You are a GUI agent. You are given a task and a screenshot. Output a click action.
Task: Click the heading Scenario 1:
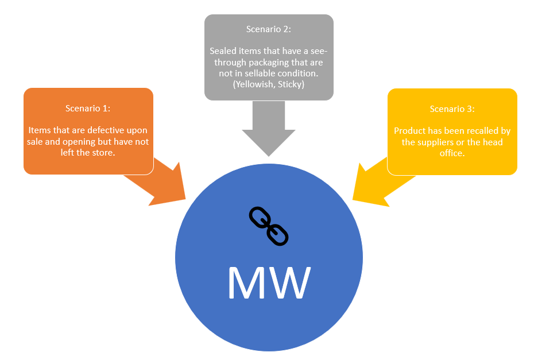(x=88, y=108)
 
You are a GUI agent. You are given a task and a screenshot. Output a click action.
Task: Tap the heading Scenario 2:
(x=269, y=29)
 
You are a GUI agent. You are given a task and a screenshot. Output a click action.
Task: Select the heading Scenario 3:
(x=452, y=109)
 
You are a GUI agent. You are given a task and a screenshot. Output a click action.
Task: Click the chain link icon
(x=268, y=226)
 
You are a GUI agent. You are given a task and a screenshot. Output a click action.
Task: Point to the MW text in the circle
(x=269, y=281)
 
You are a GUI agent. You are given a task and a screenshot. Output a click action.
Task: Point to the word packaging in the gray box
(x=266, y=62)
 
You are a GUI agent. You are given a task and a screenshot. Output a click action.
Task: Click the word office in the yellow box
(x=452, y=153)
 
